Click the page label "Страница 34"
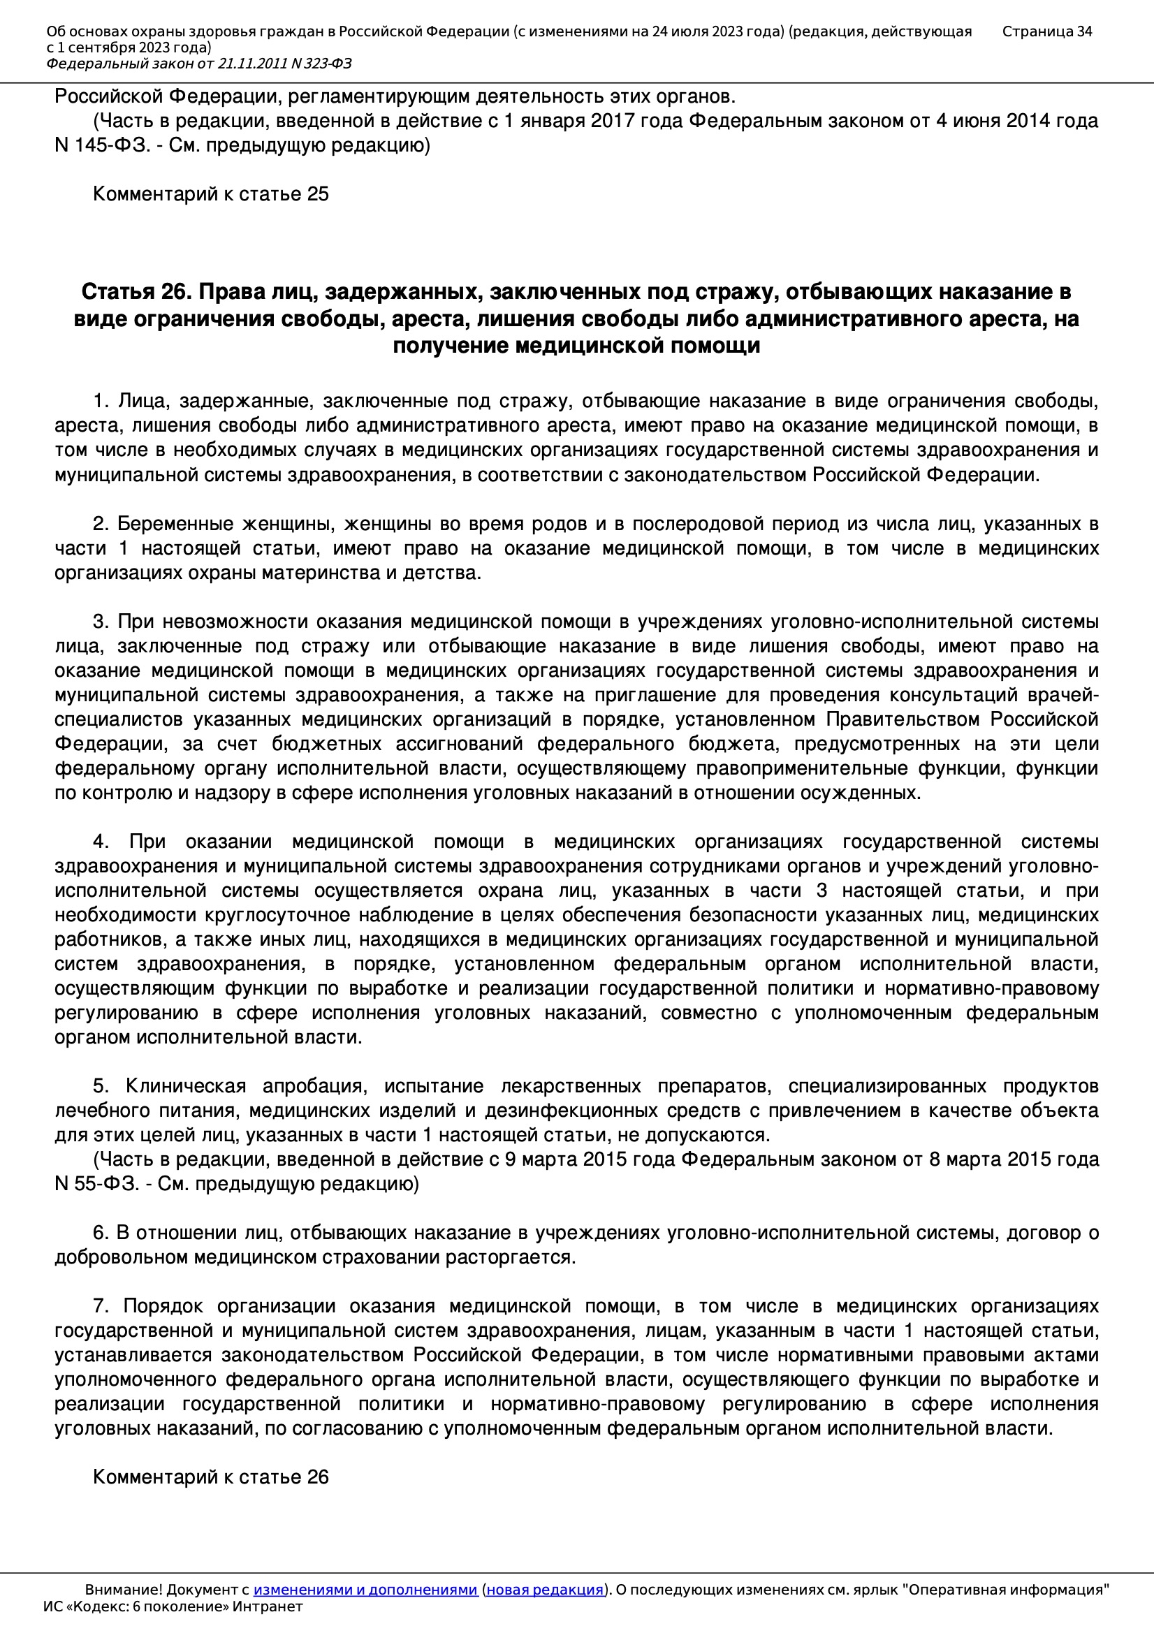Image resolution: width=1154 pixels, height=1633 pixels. tap(1046, 31)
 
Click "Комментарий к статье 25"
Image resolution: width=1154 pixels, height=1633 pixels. tap(210, 194)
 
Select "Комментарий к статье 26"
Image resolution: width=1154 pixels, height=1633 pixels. tap(210, 1477)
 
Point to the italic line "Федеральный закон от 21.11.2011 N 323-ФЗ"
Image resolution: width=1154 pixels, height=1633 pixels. tap(198, 64)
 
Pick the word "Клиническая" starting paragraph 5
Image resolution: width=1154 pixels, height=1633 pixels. tap(185, 1086)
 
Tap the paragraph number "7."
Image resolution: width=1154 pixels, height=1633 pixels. tap(101, 1307)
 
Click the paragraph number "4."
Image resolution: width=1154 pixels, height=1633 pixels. tap(101, 842)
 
